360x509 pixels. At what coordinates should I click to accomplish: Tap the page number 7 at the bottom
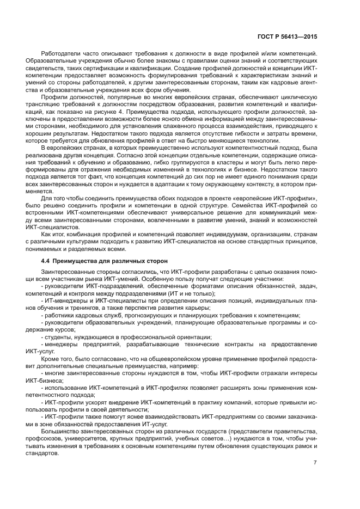pyautogui.click(x=315, y=463)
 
